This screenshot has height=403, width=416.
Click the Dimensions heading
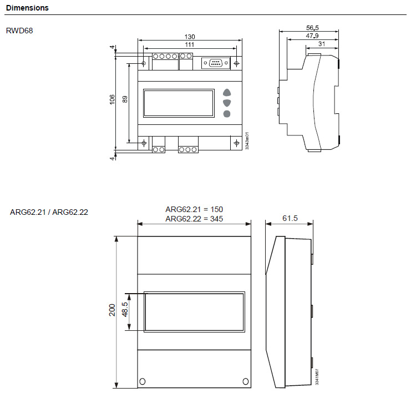[x=27, y=8]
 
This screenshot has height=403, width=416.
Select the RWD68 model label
[x=19, y=31]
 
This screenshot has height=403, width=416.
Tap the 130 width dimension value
[x=190, y=37]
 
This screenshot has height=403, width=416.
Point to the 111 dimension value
[x=190, y=44]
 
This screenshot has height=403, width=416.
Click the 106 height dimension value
[x=112, y=99]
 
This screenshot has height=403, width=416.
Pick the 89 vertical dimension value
[x=125, y=99]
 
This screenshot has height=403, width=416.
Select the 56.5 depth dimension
[x=312, y=28]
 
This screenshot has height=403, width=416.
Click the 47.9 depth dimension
[x=312, y=36]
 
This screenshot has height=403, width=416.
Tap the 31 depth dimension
[x=322, y=44]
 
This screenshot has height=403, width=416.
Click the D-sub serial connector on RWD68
[x=216, y=63]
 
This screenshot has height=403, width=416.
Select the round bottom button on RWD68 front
[x=227, y=114]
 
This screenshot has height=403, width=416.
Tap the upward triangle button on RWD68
[x=227, y=92]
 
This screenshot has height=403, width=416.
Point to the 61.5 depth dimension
[x=290, y=218]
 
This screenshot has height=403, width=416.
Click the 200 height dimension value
[x=112, y=310]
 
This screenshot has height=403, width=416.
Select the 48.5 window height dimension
[x=125, y=309]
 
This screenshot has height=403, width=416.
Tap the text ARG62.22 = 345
[x=194, y=219]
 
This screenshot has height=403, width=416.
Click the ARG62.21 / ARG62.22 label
[x=49, y=212]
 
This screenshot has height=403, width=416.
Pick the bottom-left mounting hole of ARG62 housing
[x=143, y=381]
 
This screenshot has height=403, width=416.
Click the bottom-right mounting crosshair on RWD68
[x=236, y=143]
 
